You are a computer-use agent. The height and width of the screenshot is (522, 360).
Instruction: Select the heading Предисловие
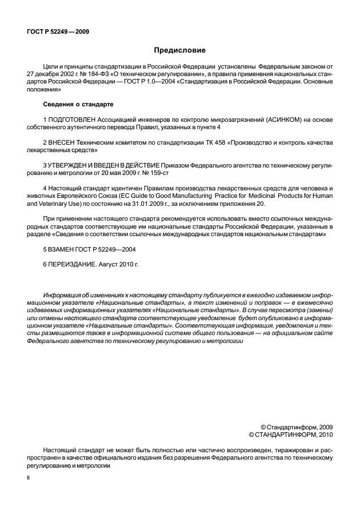179,50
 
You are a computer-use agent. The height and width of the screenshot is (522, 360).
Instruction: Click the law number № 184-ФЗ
95,74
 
